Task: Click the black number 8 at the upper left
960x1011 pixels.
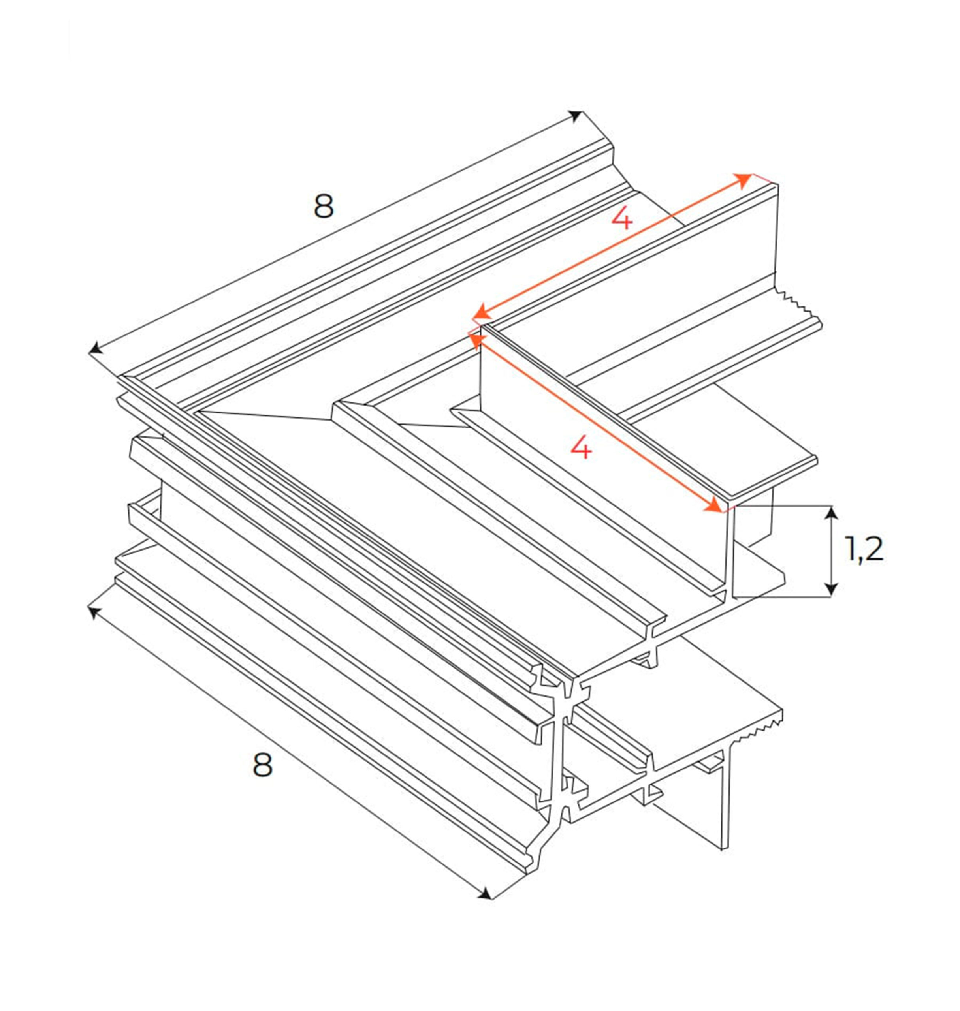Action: tap(324, 206)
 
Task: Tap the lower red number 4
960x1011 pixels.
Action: tap(581, 448)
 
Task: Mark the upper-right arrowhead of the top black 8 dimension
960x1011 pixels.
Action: tap(576, 116)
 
